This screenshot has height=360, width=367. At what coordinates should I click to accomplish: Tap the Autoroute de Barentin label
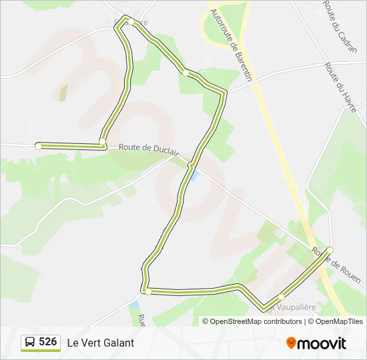(x=231, y=45)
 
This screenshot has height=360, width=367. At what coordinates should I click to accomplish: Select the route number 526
(x=47, y=342)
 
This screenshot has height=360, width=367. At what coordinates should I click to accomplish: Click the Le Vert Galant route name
(x=100, y=343)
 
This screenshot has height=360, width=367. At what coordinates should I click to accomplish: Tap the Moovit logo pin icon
(x=291, y=343)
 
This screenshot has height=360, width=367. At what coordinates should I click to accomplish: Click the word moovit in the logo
(x=322, y=343)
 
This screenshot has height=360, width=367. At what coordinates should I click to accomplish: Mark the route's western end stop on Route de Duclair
(x=39, y=145)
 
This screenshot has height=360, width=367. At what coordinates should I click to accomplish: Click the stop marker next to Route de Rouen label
(x=330, y=250)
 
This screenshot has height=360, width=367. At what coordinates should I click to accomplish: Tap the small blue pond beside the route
(x=194, y=176)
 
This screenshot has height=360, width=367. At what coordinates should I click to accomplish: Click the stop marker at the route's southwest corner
(x=147, y=291)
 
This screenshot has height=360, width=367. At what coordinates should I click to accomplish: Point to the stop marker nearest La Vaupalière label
(x=281, y=297)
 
